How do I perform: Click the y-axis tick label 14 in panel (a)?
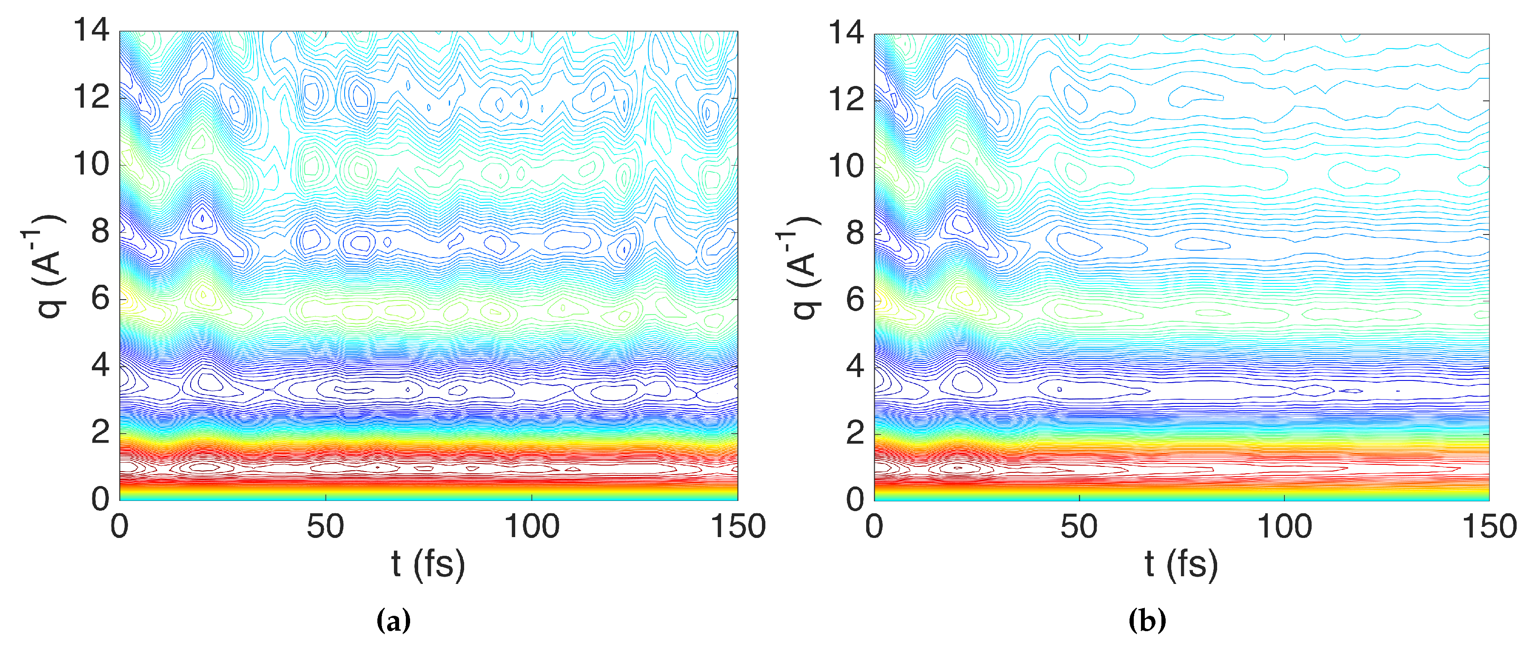coord(91,30)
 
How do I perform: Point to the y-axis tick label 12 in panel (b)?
coord(847,99)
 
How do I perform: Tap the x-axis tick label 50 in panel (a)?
coord(325,526)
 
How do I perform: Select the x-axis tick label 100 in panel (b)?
coord(1284,526)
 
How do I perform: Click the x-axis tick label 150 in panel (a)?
coord(738,526)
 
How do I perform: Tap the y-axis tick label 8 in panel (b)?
coord(856,232)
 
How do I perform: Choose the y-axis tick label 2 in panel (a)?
coord(101,432)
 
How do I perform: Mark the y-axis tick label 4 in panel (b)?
coord(856,366)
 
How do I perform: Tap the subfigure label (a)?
coord(394,620)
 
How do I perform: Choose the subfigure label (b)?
coord(1147,620)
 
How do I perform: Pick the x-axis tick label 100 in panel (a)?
coord(531,526)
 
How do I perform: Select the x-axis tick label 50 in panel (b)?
coord(1079,526)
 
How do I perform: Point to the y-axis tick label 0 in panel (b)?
coord(856,499)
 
